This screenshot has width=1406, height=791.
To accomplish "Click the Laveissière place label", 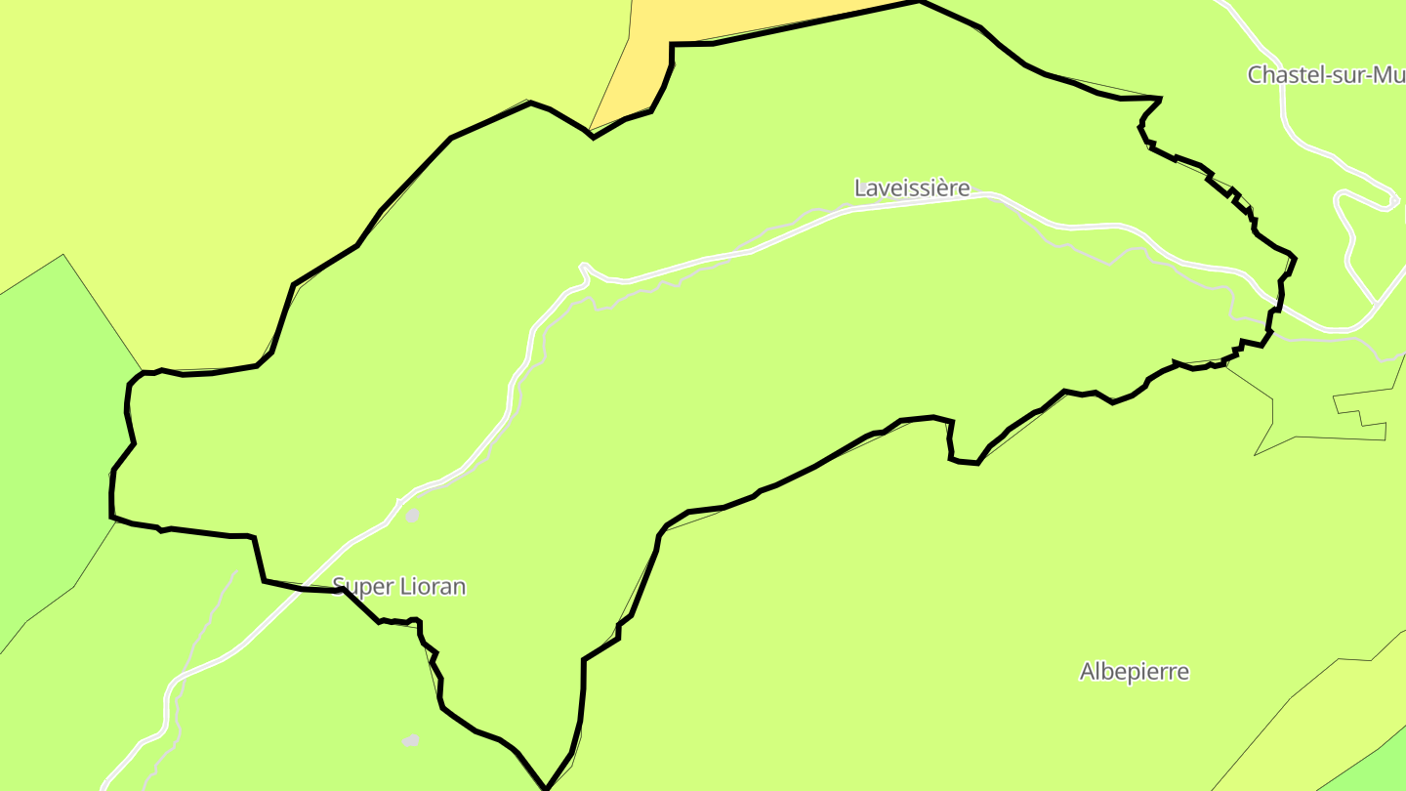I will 912,187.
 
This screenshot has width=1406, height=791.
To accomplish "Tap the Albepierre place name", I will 1134,672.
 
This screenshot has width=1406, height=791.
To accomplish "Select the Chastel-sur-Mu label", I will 1325,75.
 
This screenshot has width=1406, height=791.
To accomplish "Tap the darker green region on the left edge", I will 49,439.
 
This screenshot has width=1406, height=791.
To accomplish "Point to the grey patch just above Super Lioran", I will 412,515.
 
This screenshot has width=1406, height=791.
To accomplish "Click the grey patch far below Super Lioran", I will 411,741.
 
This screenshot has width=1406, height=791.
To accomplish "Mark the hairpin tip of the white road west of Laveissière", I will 582,266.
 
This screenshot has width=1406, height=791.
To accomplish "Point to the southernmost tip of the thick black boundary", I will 546,787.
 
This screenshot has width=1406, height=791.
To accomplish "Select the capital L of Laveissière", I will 860,187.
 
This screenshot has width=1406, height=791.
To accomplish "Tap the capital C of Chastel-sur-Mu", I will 1256,75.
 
